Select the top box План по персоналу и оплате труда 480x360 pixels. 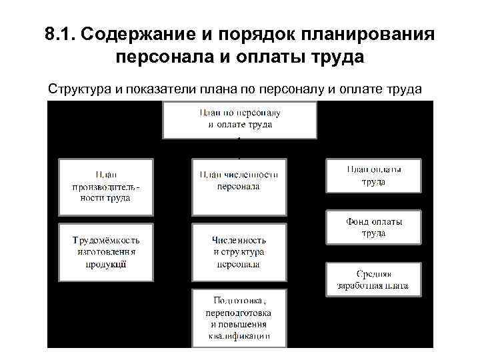239,119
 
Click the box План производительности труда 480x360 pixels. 106,185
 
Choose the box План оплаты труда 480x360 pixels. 373,175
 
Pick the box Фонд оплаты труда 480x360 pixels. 373,227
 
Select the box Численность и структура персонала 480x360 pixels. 239,251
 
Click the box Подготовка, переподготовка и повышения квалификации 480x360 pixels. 239,317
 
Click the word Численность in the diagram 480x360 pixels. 239,239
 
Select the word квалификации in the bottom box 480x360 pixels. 239,337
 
